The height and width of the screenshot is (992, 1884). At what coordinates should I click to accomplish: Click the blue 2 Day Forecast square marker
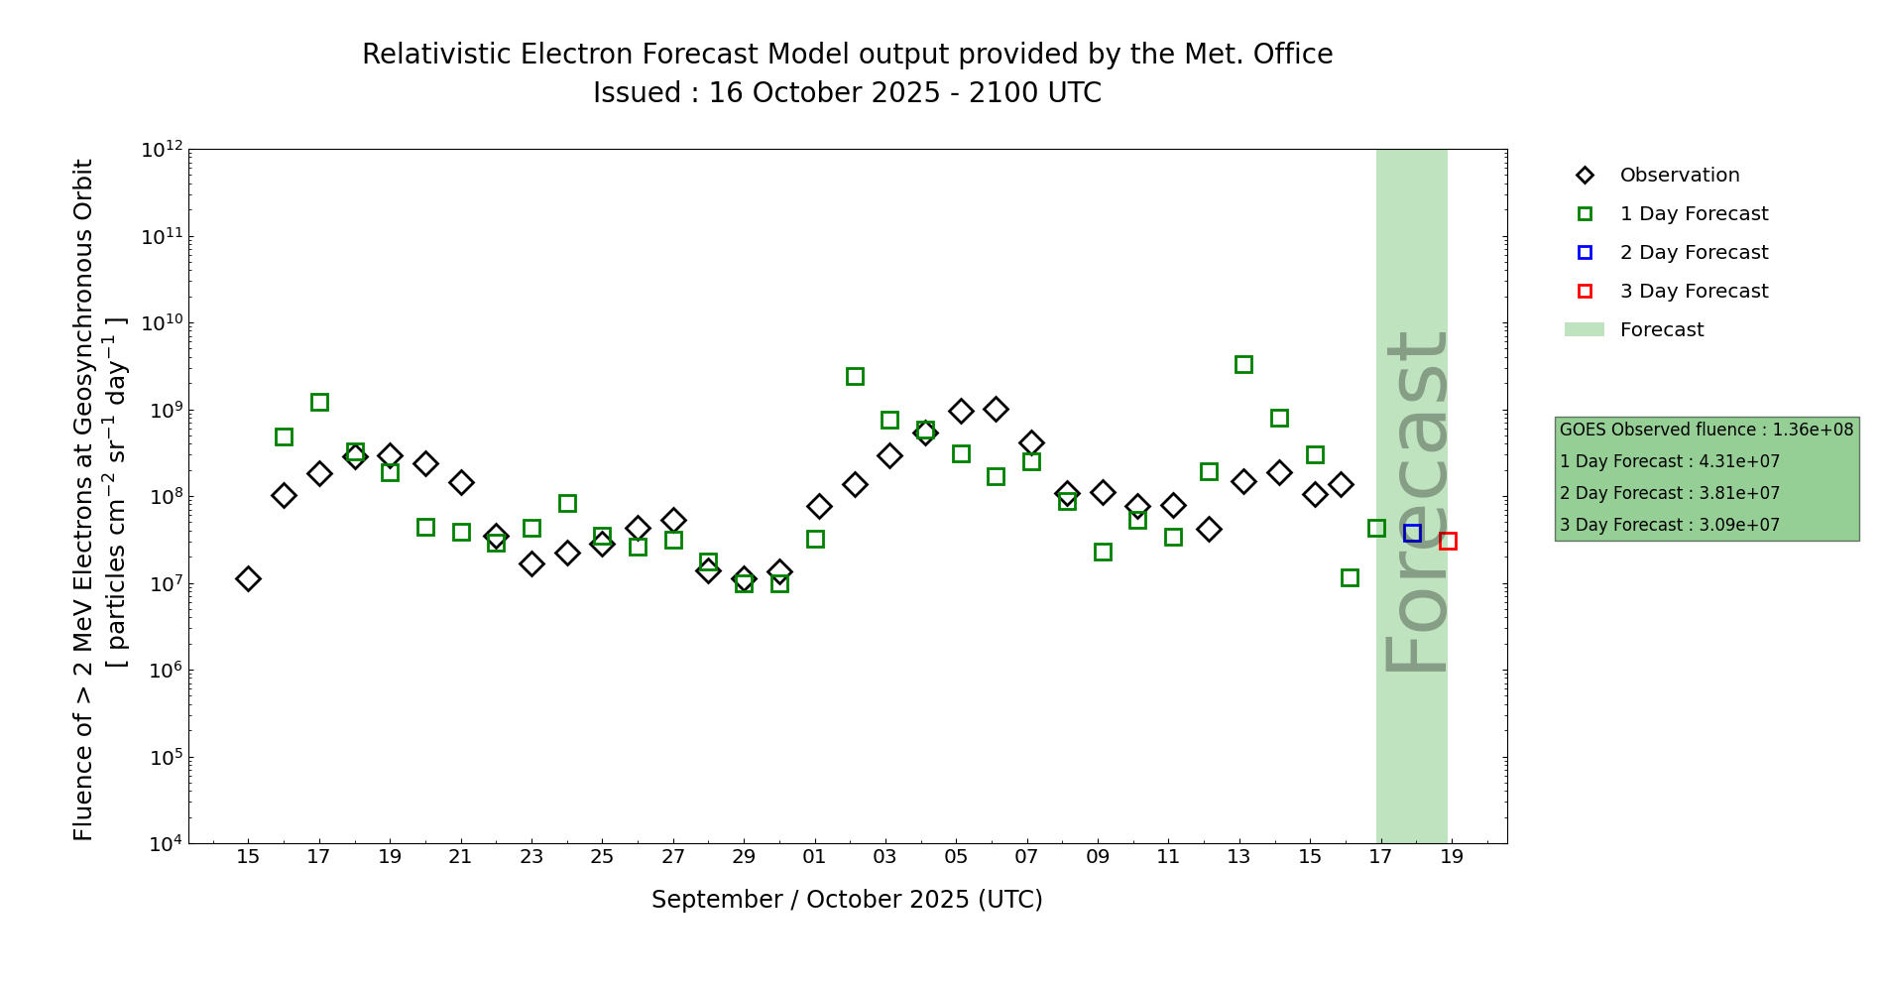click(1412, 533)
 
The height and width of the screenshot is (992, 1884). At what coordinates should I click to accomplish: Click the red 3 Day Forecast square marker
click(1448, 541)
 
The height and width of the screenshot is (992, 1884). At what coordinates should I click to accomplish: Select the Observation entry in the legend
click(1679, 176)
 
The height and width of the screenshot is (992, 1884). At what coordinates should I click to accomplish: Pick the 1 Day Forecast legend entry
click(1694, 214)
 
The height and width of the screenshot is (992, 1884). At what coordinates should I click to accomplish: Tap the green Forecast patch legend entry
click(1661, 330)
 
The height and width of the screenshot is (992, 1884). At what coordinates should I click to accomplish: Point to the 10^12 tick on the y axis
click(162, 150)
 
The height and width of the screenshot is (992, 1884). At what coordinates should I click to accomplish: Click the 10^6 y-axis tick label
click(162, 671)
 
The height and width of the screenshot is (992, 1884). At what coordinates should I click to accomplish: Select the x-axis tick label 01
click(814, 856)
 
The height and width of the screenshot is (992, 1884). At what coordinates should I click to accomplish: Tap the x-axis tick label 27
click(673, 856)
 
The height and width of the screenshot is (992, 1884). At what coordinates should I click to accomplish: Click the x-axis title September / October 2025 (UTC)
click(847, 900)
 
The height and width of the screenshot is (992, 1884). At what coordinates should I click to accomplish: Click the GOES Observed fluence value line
click(1706, 430)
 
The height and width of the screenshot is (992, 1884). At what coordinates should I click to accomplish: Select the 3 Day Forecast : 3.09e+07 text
click(1669, 525)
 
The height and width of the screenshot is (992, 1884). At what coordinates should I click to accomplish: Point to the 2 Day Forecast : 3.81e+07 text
click(1669, 493)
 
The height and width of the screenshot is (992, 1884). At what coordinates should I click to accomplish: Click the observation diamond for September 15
click(248, 578)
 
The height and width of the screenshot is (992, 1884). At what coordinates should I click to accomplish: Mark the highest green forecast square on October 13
click(1243, 364)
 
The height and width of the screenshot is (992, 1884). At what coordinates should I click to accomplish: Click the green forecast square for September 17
click(319, 402)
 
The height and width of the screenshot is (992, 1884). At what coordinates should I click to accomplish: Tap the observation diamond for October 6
click(996, 409)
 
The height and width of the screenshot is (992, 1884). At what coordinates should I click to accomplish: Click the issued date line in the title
click(847, 93)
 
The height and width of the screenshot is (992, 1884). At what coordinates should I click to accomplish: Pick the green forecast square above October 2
click(855, 376)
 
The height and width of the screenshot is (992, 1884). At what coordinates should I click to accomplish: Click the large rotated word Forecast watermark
click(1416, 502)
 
